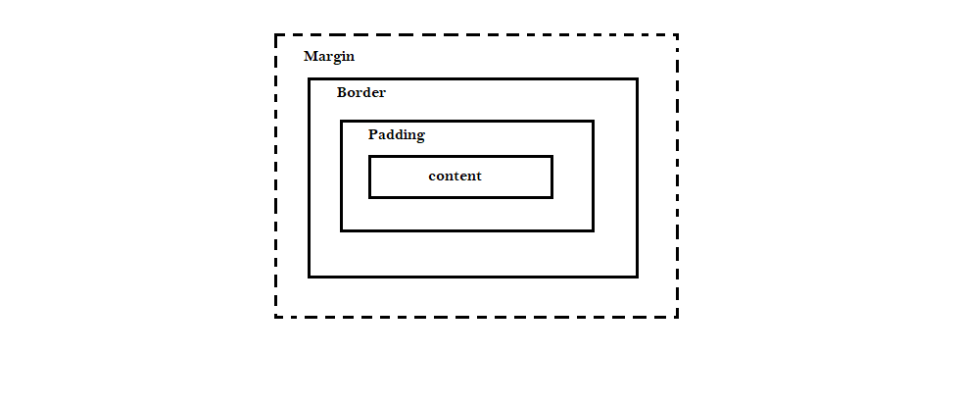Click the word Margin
pyautogui.click(x=329, y=56)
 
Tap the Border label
pyautogui.click(x=360, y=93)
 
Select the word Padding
pyautogui.click(x=396, y=134)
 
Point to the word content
pyautogui.click(x=455, y=177)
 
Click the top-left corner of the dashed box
pyautogui.click(x=276, y=36)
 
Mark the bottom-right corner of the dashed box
pyautogui.click(x=677, y=317)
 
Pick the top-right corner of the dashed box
pyautogui.click(x=677, y=36)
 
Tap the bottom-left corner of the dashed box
pyautogui.click(x=276, y=317)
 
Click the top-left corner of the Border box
pyautogui.click(x=310, y=79)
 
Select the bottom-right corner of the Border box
pyautogui.click(x=637, y=277)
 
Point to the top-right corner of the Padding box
pyautogui.click(x=593, y=122)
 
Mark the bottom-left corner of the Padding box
pyautogui.click(x=342, y=230)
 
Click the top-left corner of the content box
pyautogui.click(x=370, y=157)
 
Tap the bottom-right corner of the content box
pyautogui.click(x=551, y=196)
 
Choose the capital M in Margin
pyautogui.click(x=311, y=56)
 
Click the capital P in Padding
pyautogui.click(x=373, y=134)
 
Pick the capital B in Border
pyautogui.click(x=342, y=93)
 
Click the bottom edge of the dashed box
pyautogui.click(x=476, y=317)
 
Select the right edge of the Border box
pyautogui.click(x=637, y=177)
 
